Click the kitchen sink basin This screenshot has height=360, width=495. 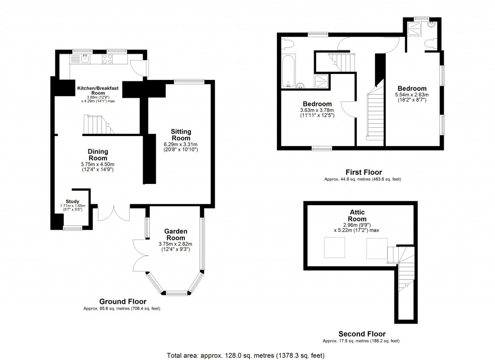[x=84, y=60]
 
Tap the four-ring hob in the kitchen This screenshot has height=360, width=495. [x=108, y=59]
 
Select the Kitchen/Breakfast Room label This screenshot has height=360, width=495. [x=91, y=90]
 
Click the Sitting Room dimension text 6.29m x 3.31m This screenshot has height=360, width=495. [x=181, y=144]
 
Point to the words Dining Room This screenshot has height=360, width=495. [x=98, y=155]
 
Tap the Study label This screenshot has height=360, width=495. [x=73, y=201]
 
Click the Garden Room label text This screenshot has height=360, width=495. [x=176, y=235]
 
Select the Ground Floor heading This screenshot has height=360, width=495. [x=123, y=301]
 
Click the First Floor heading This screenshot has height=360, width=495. [x=364, y=172]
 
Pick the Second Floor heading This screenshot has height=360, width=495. [x=362, y=334]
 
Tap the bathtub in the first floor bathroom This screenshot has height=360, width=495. [x=288, y=70]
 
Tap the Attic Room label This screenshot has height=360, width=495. [x=357, y=215]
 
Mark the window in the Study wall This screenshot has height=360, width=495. [x=73, y=227]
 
